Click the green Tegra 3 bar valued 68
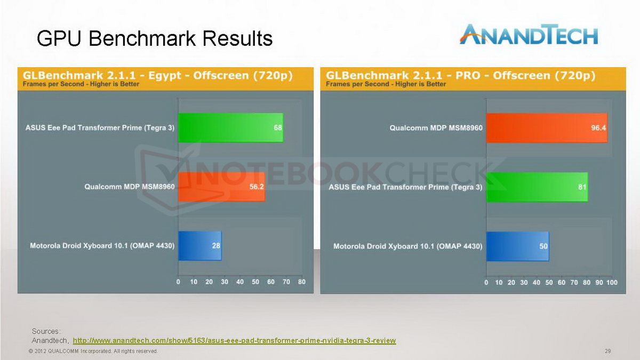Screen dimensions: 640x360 click(231, 127)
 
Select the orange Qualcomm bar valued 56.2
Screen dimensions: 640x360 click(222, 187)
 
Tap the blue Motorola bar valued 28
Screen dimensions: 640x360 click(200, 246)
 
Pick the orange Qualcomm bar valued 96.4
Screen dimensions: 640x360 click(547, 127)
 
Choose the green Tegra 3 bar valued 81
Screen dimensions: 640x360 click(537, 187)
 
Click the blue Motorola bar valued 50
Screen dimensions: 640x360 click(518, 246)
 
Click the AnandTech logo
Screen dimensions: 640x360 click(529, 35)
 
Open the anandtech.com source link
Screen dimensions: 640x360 click(234, 341)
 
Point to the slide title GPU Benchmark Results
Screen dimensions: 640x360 click(155, 38)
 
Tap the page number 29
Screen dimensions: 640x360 click(607, 351)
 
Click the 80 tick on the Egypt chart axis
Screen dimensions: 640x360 click(302, 282)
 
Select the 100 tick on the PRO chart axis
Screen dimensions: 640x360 click(612, 283)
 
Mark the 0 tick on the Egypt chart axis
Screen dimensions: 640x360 click(178, 282)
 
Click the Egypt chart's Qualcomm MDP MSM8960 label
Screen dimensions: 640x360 click(130, 187)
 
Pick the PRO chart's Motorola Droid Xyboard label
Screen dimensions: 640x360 click(408, 246)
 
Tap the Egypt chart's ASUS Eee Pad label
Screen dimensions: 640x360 click(100, 127)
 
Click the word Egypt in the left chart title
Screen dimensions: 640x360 click(165, 76)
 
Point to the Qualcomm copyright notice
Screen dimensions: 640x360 click(93, 351)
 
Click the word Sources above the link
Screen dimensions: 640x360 click(46, 331)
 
